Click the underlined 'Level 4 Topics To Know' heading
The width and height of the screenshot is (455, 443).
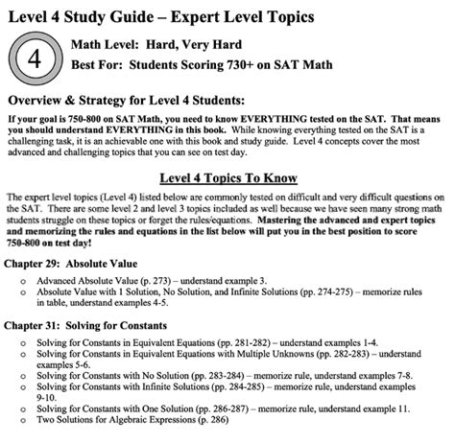point(227,178)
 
